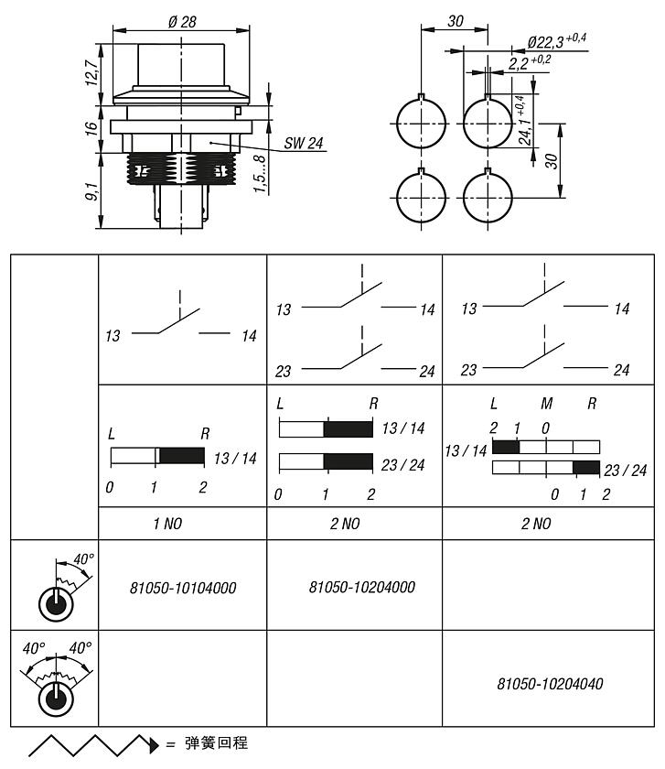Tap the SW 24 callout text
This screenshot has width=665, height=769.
[x=304, y=143]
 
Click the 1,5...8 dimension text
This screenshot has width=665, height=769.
[x=262, y=173]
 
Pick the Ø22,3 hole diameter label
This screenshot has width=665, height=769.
[x=556, y=41]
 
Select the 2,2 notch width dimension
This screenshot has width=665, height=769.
[x=529, y=62]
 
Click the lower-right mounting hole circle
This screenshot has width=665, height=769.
[x=489, y=197]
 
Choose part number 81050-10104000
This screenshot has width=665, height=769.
[x=183, y=588]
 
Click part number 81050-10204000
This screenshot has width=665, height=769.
[x=355, y=587]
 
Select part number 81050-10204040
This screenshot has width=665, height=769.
[x=549, y=683]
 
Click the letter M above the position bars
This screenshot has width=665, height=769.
[x=547, y=404]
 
